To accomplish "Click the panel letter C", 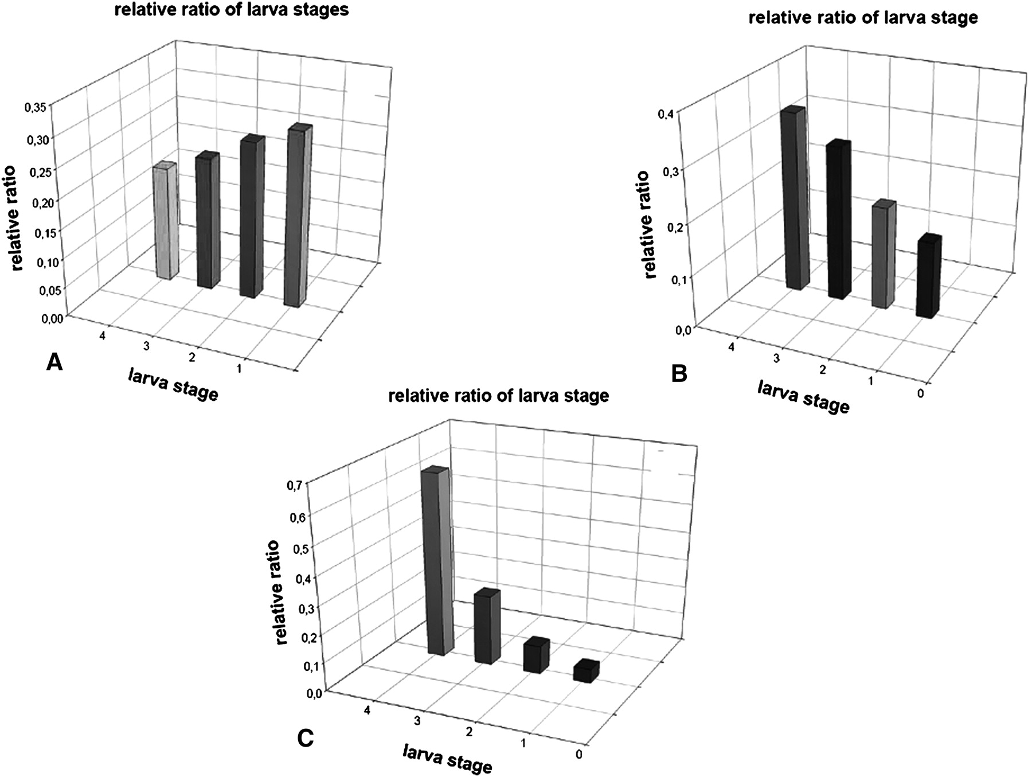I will [306, 738].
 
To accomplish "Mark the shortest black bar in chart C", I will [587, 671].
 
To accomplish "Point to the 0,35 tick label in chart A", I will [37, 107].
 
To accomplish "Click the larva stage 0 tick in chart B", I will [920, 394].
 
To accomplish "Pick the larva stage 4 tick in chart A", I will [103, 336].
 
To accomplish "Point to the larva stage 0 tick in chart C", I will [578, 754].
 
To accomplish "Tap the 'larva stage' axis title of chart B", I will [803, 397].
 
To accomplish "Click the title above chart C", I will [498, 396].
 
